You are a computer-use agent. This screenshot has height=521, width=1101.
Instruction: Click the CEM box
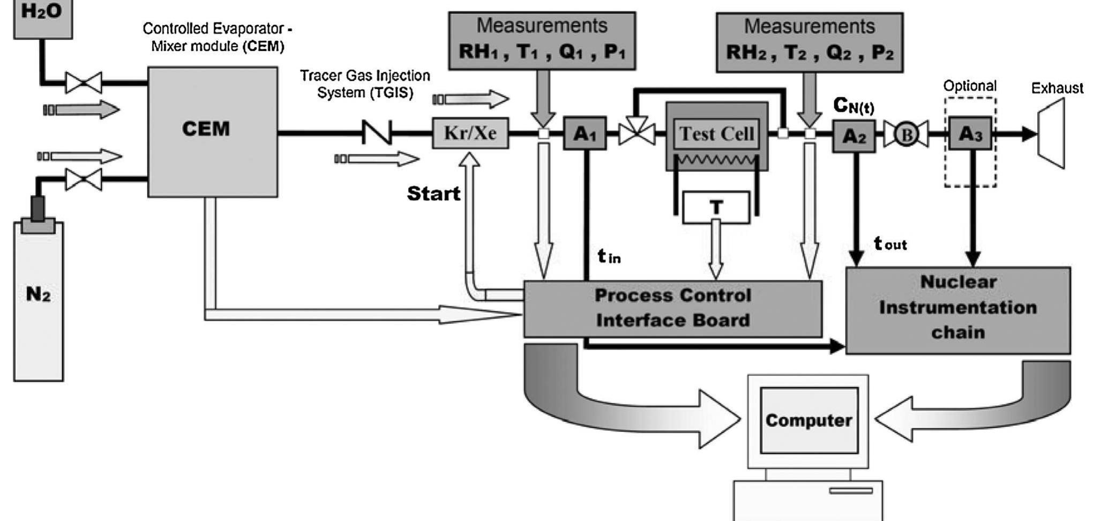pyautogui.click(x=212, y=131)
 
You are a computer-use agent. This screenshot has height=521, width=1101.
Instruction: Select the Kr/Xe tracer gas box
pyautogui.click(x=470, y=133)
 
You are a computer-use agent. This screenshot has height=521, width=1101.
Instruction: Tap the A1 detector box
pyautogui.click(x=585, y=133)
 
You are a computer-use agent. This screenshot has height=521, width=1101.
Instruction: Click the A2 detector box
pyautogui.click(x=853, y=136)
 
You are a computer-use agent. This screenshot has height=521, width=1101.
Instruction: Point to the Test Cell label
pyautogui.click(x=716, y=133)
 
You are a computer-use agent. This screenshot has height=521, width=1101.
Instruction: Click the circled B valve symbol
pyautogui.click(x=906, y=135)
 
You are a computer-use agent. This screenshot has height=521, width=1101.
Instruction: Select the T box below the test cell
pyautogui.click(x=716, y=207)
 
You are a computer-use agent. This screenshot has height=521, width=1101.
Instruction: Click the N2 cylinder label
pyautogui.click(x=38, y=294)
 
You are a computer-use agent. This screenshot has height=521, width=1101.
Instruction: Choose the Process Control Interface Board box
pyautogui.click(x=672, y=308)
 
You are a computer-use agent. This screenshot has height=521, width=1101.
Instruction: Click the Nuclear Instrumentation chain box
pyautogui.click(x=957, y=308)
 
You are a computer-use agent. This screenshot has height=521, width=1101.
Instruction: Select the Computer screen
pyautogui.click(x=808, y=420)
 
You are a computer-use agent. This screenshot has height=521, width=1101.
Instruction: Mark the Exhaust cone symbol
pyautogui.click(x=1051, y=133)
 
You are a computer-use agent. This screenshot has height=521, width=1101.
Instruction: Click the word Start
pyautogui.click(x=433, y=193)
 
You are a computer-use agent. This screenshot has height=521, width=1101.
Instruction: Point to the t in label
pyautogui.click(x=609, y=257)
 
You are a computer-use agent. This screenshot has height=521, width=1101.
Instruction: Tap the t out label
pyautogui.click(x=889, y=244)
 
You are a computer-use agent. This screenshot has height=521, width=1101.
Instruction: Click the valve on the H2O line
pyautogui.click(x=84, y=83)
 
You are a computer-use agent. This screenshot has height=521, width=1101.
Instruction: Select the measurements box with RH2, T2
pyautogui.click(x=809, y=43)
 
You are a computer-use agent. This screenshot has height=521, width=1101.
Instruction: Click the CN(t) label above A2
pyautogui.click(x=853, y=106)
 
